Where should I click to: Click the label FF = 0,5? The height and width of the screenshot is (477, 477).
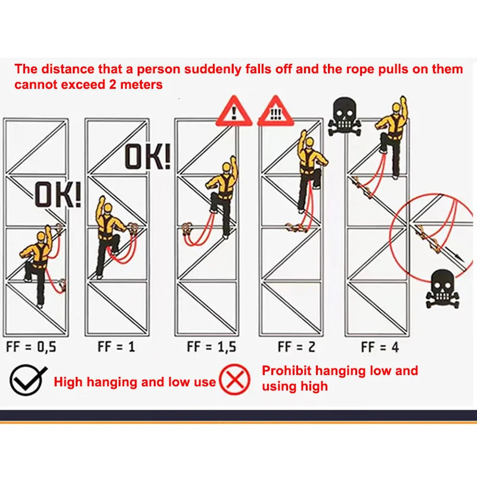pyautogui.click(x=30, y=347)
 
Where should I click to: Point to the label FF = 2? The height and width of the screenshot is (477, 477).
pyautogui.click(x=296, y=347)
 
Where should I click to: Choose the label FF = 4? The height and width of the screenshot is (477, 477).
pyautogui.click(x=380, y=347)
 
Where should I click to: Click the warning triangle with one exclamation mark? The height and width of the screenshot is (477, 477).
pyautogui.click(x=235, y=111)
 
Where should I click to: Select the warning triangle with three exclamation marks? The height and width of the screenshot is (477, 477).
pyautogui.click(x=275, y=111)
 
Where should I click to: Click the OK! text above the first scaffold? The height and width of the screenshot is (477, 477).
pyautogui.click(x=56, y=194)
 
